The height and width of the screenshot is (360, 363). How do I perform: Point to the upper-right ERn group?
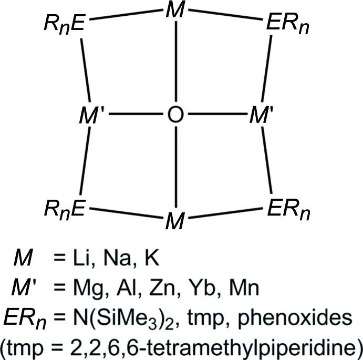pos(286,25)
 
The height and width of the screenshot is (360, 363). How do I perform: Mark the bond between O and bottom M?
pos(175,167)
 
